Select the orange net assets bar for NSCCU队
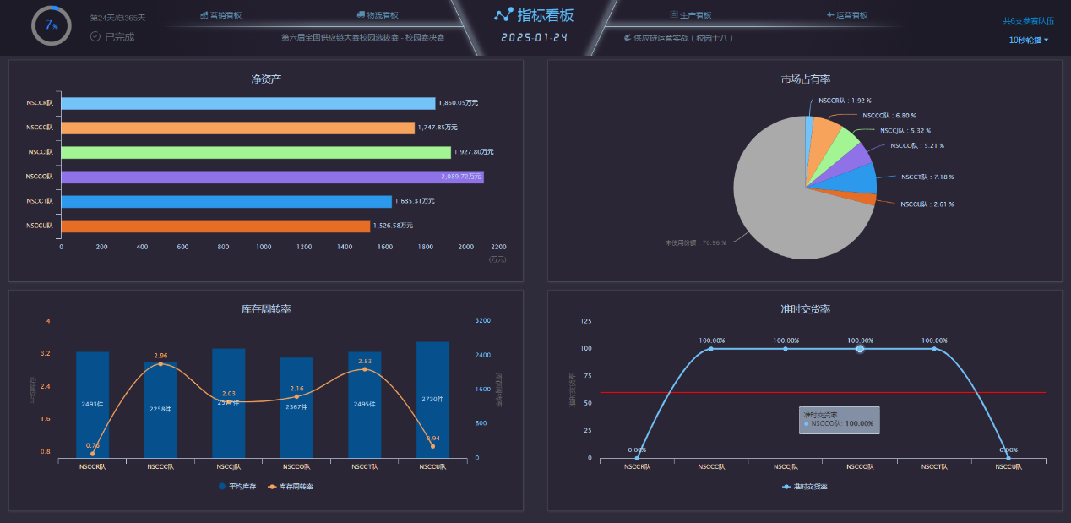[x=215, y=226]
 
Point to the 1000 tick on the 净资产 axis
[x=264, y=247]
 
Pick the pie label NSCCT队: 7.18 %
[x=927, y=177]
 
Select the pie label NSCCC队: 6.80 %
[x=889, y=116]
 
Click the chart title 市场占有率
[x=805, y=79]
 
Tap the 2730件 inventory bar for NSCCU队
[x=432, y=400]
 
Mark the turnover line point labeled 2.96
[x=160, y=364]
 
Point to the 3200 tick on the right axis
[x=482, y=321]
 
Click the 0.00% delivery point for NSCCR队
[x=637, y=458]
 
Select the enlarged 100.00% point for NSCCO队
[x=860, y=349]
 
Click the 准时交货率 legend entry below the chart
[x=805, y=487]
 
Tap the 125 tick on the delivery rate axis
[x=586, y=321]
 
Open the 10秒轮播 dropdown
[x=1029, y=40]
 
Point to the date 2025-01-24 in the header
[x=534, y=38]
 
